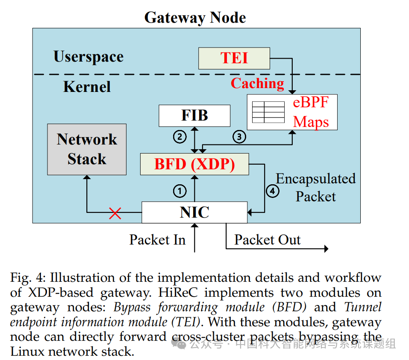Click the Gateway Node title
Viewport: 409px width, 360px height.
click(195, 18)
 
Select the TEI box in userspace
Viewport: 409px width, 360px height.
click(234, 58)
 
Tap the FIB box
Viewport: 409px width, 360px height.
click(194, 115)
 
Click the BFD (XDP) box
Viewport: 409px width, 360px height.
click(194, 164)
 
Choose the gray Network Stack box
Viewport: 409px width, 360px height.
click(87, 149)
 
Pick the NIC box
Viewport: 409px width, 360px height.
click(194, 212)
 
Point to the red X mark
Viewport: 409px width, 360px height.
click(115, 213)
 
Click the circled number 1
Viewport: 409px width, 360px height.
click(180, 191)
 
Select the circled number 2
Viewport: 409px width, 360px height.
click(179, 137)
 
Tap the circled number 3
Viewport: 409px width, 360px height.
click(239, 137)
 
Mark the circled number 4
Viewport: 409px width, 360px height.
click(272, 191)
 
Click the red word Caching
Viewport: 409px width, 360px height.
click(257, 83)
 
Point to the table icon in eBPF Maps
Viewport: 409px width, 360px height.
click(268, 112)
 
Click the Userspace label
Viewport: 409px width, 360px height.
click(88, 57)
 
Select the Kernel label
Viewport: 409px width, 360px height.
click(87, 87)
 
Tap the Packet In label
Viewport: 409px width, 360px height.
click(157, 240)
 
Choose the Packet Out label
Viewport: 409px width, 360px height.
click(267, 240)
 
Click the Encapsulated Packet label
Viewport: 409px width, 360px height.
click(316, 187)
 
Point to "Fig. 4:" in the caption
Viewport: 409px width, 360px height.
click(27, 277)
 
